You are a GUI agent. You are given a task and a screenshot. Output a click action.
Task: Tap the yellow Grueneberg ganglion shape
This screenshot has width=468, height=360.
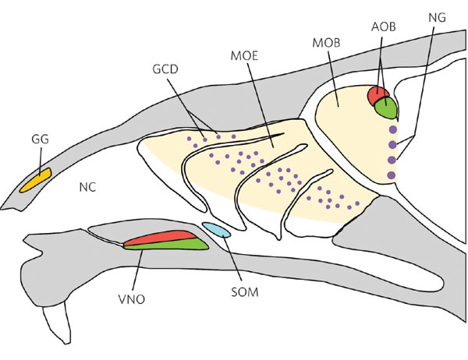tap(36, 182)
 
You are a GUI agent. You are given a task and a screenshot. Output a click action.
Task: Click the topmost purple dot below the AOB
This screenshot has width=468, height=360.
tap(392, 129)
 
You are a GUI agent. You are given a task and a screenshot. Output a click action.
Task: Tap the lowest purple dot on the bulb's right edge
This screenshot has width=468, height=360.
tap(392, 174)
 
